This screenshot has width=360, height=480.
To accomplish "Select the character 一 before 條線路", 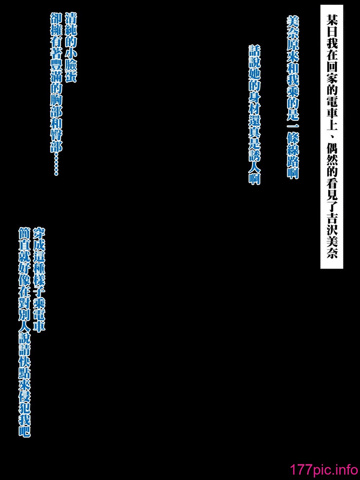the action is point(293,125).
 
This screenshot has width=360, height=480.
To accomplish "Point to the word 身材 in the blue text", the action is point(254,105).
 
